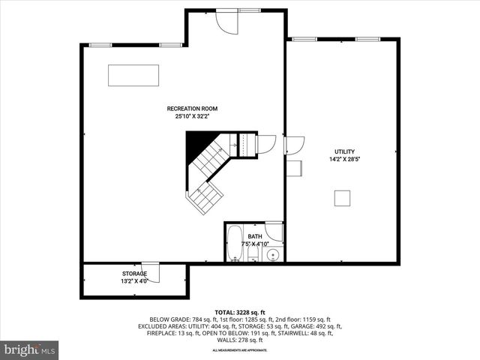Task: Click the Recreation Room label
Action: [198, 109]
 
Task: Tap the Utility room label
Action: [344, 151]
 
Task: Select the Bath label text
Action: [255, 236]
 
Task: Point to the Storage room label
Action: [135, 274]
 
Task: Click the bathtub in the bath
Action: [233, 243]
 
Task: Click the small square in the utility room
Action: [343, 198]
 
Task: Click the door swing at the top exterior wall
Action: [225, 21]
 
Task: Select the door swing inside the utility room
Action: [294, 145]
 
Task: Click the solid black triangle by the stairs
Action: [196, 140]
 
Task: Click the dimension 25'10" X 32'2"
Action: [198, 117]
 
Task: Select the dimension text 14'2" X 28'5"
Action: [344, 159]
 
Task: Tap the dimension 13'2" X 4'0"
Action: [135, 281]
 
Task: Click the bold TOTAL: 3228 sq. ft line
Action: [239, 311]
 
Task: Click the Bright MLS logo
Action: [30, 349]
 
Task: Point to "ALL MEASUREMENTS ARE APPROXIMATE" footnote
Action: [239, 350]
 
